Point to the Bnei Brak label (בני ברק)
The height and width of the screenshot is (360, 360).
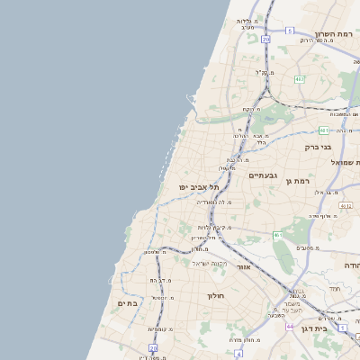318,147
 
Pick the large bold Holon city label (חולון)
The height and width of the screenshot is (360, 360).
215,295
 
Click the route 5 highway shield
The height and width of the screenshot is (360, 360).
290,31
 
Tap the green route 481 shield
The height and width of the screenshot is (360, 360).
323,130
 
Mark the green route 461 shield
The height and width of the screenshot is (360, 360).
278,235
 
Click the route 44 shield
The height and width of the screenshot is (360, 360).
290,325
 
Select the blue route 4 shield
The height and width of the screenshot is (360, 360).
238,354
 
